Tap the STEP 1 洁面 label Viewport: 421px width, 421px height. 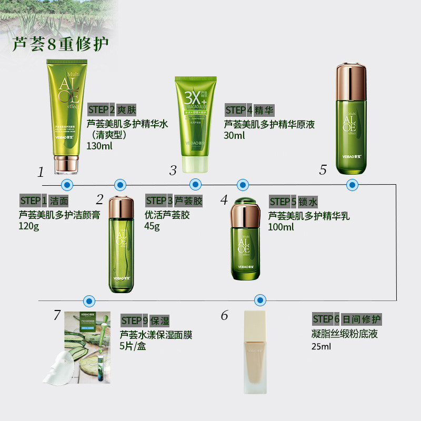coord(44,201)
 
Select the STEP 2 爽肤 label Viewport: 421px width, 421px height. coord(112,110)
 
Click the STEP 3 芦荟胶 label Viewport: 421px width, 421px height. coord(174,201)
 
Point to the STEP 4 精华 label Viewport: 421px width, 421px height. coord(249,110)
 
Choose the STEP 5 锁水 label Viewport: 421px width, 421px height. coord(294,202)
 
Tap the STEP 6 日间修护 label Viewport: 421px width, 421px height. coord(346,319)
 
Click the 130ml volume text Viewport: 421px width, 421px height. coord(99,145)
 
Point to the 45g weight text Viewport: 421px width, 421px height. coord(153,226)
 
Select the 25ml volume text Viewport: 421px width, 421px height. coord(321,346)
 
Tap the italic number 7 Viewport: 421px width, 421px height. coord(57,315)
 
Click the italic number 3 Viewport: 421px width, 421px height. coord(173,170)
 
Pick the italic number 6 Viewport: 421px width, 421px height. coord(225,315)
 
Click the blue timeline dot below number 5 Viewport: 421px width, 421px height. coord(352,184)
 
